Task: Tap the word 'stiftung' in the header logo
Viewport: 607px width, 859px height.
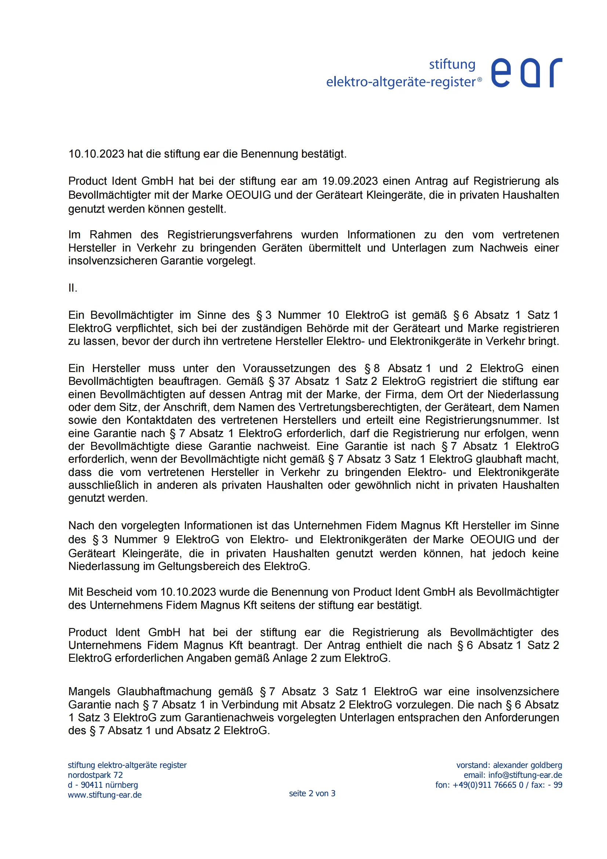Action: tap(452, 64)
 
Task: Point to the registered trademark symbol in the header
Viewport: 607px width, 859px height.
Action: tap(480, 79)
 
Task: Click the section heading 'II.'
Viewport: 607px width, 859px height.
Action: tap(73, 288)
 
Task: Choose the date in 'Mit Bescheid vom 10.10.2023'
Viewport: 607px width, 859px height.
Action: tap(188, 592)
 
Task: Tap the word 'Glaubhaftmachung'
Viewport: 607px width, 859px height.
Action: tap(164, 692)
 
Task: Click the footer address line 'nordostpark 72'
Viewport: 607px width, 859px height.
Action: tap(95, 775)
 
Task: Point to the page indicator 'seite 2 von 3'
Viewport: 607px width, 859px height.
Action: tap(312, 793)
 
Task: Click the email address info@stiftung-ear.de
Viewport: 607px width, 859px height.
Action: tap(525, 775)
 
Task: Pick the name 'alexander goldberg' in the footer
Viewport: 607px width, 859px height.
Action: tap(527, 765)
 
